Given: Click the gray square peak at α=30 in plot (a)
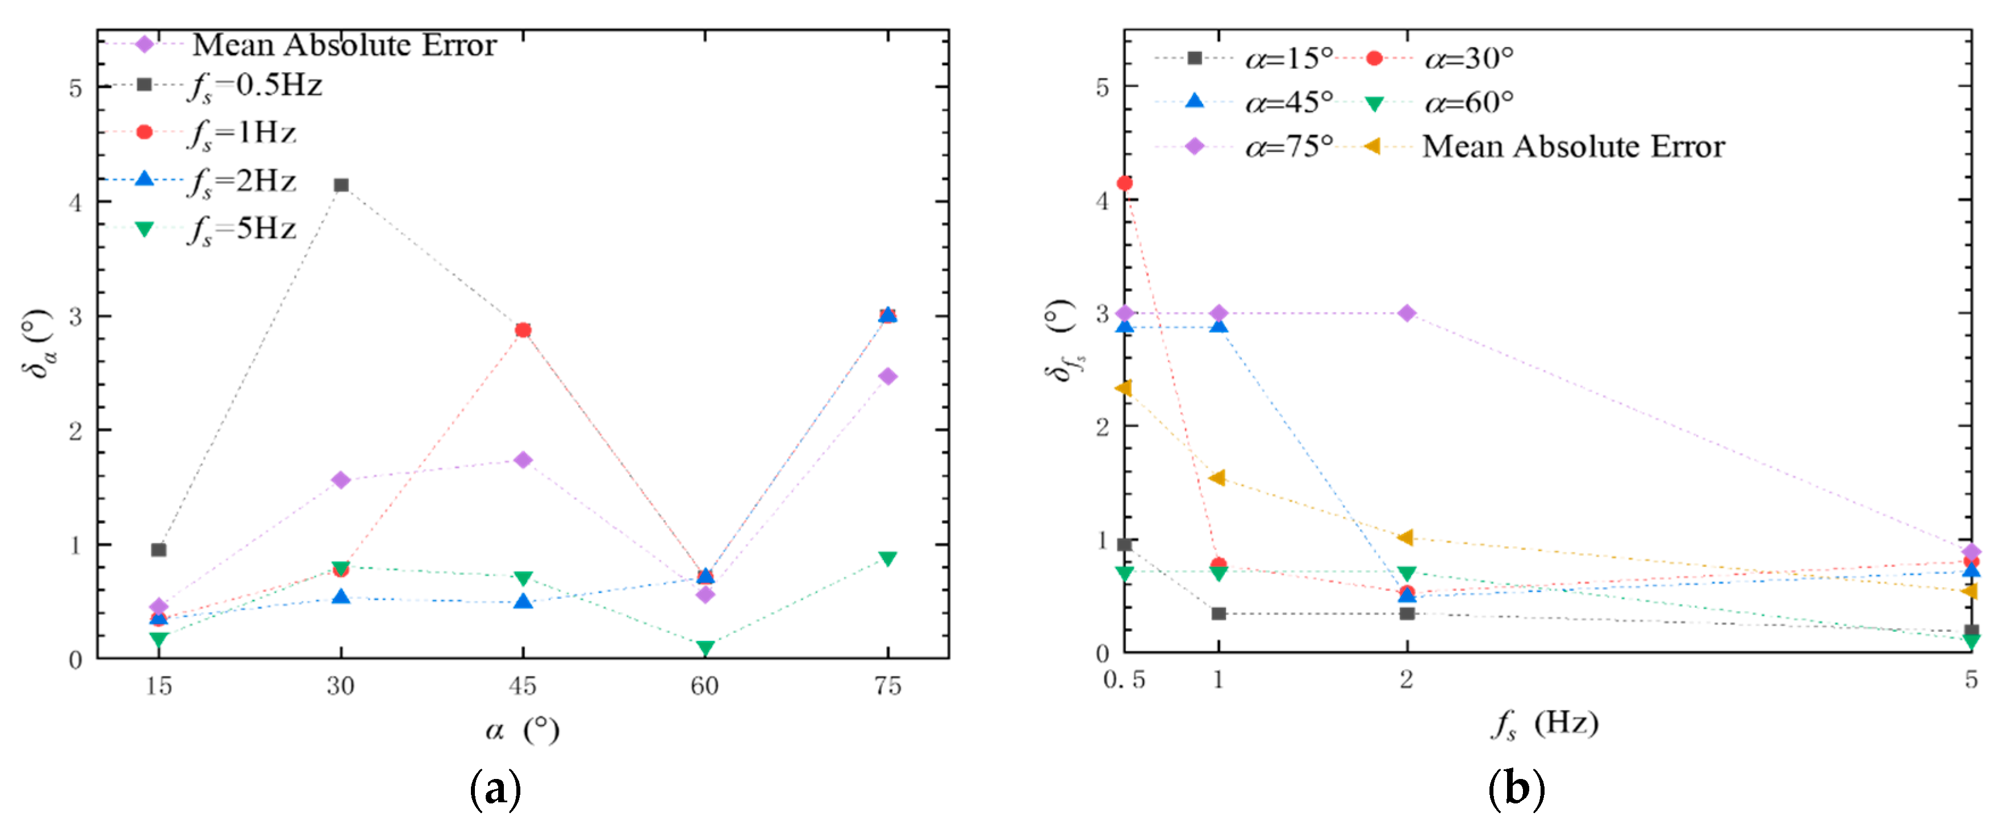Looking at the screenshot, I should point(341,185).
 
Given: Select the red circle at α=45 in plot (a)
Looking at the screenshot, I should point(523,330).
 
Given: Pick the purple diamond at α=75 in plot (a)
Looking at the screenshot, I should point(888,376).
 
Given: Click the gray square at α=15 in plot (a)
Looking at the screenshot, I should point(158,549).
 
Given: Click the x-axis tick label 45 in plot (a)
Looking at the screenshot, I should point(522,686).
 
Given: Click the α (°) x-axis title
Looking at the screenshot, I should point(522,730).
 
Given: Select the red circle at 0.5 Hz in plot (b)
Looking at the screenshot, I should point(1124,183).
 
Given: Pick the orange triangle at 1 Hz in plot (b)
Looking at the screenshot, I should point(1217,477).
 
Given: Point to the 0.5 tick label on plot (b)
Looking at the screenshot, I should point(1124,680).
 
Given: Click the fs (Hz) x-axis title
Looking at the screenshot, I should point(1544,723).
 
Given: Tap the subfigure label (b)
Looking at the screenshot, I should point(1516,789).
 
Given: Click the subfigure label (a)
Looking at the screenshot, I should point(496,789).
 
